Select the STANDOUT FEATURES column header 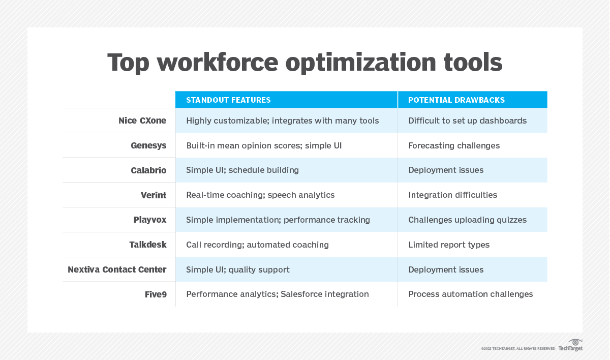point(228,100)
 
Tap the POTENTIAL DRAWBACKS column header point(456,100)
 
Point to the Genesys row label point(148,145)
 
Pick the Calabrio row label point(148,170)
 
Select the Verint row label point(154,195)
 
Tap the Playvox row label point(150,220)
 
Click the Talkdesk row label point(148,245)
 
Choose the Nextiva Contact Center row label point(117,269)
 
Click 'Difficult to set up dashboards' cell point(467,121)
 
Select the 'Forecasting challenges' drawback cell point(454,145)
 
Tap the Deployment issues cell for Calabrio point(446,170)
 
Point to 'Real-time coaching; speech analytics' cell point(260,195)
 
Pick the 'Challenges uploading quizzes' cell point(467,220)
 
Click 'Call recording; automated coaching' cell point(257,245)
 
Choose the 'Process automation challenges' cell point(470,294)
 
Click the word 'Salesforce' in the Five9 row point(302,294)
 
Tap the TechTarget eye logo point(575,342)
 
